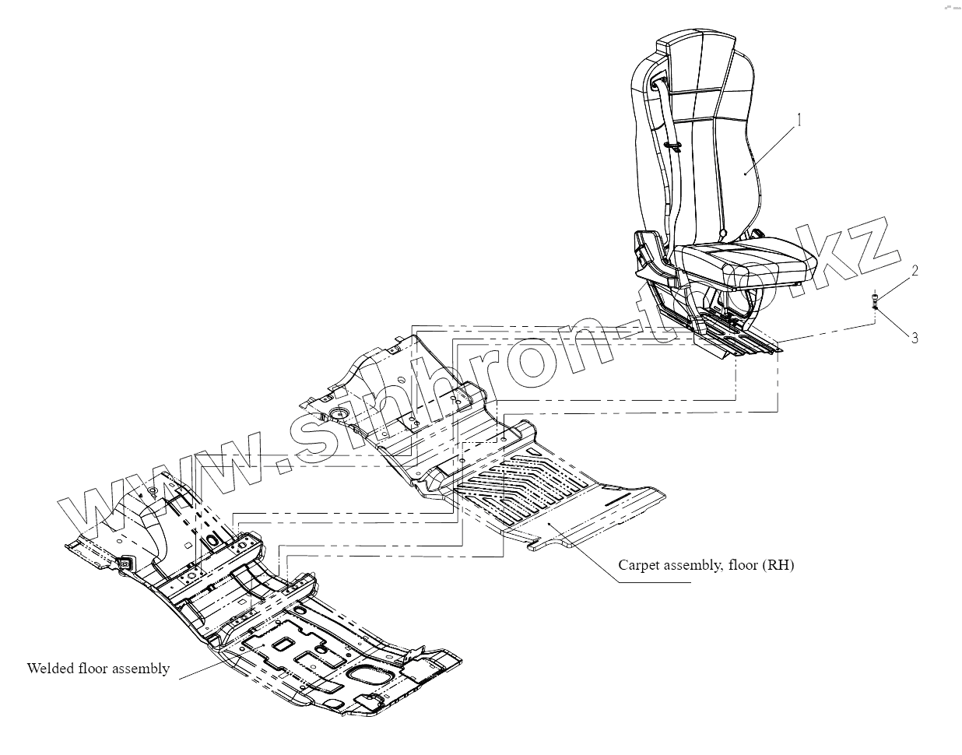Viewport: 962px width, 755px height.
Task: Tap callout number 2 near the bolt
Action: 915,271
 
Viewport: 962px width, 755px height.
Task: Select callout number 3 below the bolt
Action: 915,338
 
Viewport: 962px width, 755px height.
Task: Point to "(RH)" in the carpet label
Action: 778,565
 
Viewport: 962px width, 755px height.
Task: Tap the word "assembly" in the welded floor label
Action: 141,669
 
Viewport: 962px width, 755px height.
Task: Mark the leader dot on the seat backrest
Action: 745,175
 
